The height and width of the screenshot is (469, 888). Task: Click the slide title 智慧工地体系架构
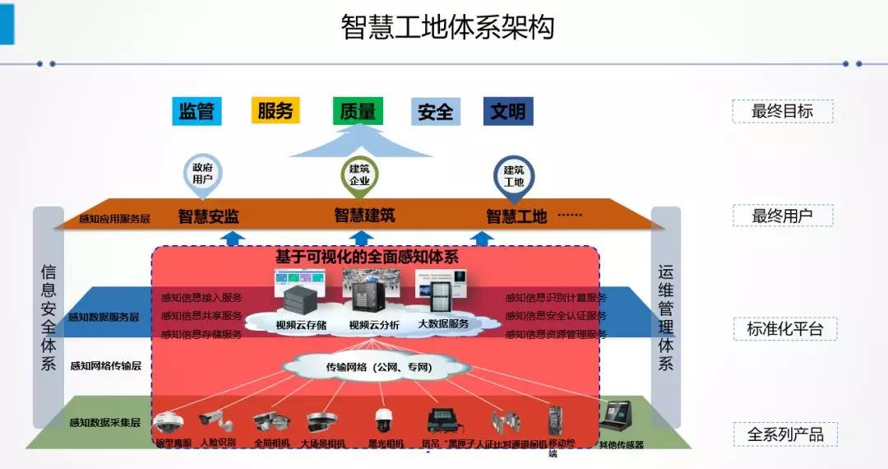tap(447, 26)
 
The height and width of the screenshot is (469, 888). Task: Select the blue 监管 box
tap(197, 111)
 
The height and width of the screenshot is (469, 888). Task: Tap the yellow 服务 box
tap(275, 110)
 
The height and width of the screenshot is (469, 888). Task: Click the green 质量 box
tap(358, 111)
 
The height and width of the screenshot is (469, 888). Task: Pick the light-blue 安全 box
tap(435, 111)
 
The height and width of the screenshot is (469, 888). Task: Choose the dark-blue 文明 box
tap(507, 111)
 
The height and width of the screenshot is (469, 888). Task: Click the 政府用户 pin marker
tap(202, 174)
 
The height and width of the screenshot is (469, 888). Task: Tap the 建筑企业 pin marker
tap(359, 175)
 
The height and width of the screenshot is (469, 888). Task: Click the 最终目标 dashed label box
tap(782, 111)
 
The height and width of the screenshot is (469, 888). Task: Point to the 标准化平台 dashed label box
tap(784, 329)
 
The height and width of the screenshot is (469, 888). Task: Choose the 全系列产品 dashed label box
tap(784, 434)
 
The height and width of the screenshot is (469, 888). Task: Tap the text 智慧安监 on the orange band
tap(208, 216)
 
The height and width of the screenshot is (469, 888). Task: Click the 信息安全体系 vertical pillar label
tap(49, 317)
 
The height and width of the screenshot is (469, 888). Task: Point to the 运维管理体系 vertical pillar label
tap(665, 317)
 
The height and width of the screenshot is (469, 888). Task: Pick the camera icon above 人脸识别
tap(216, 420)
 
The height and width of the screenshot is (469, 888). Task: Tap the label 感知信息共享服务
tap(201, 316)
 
